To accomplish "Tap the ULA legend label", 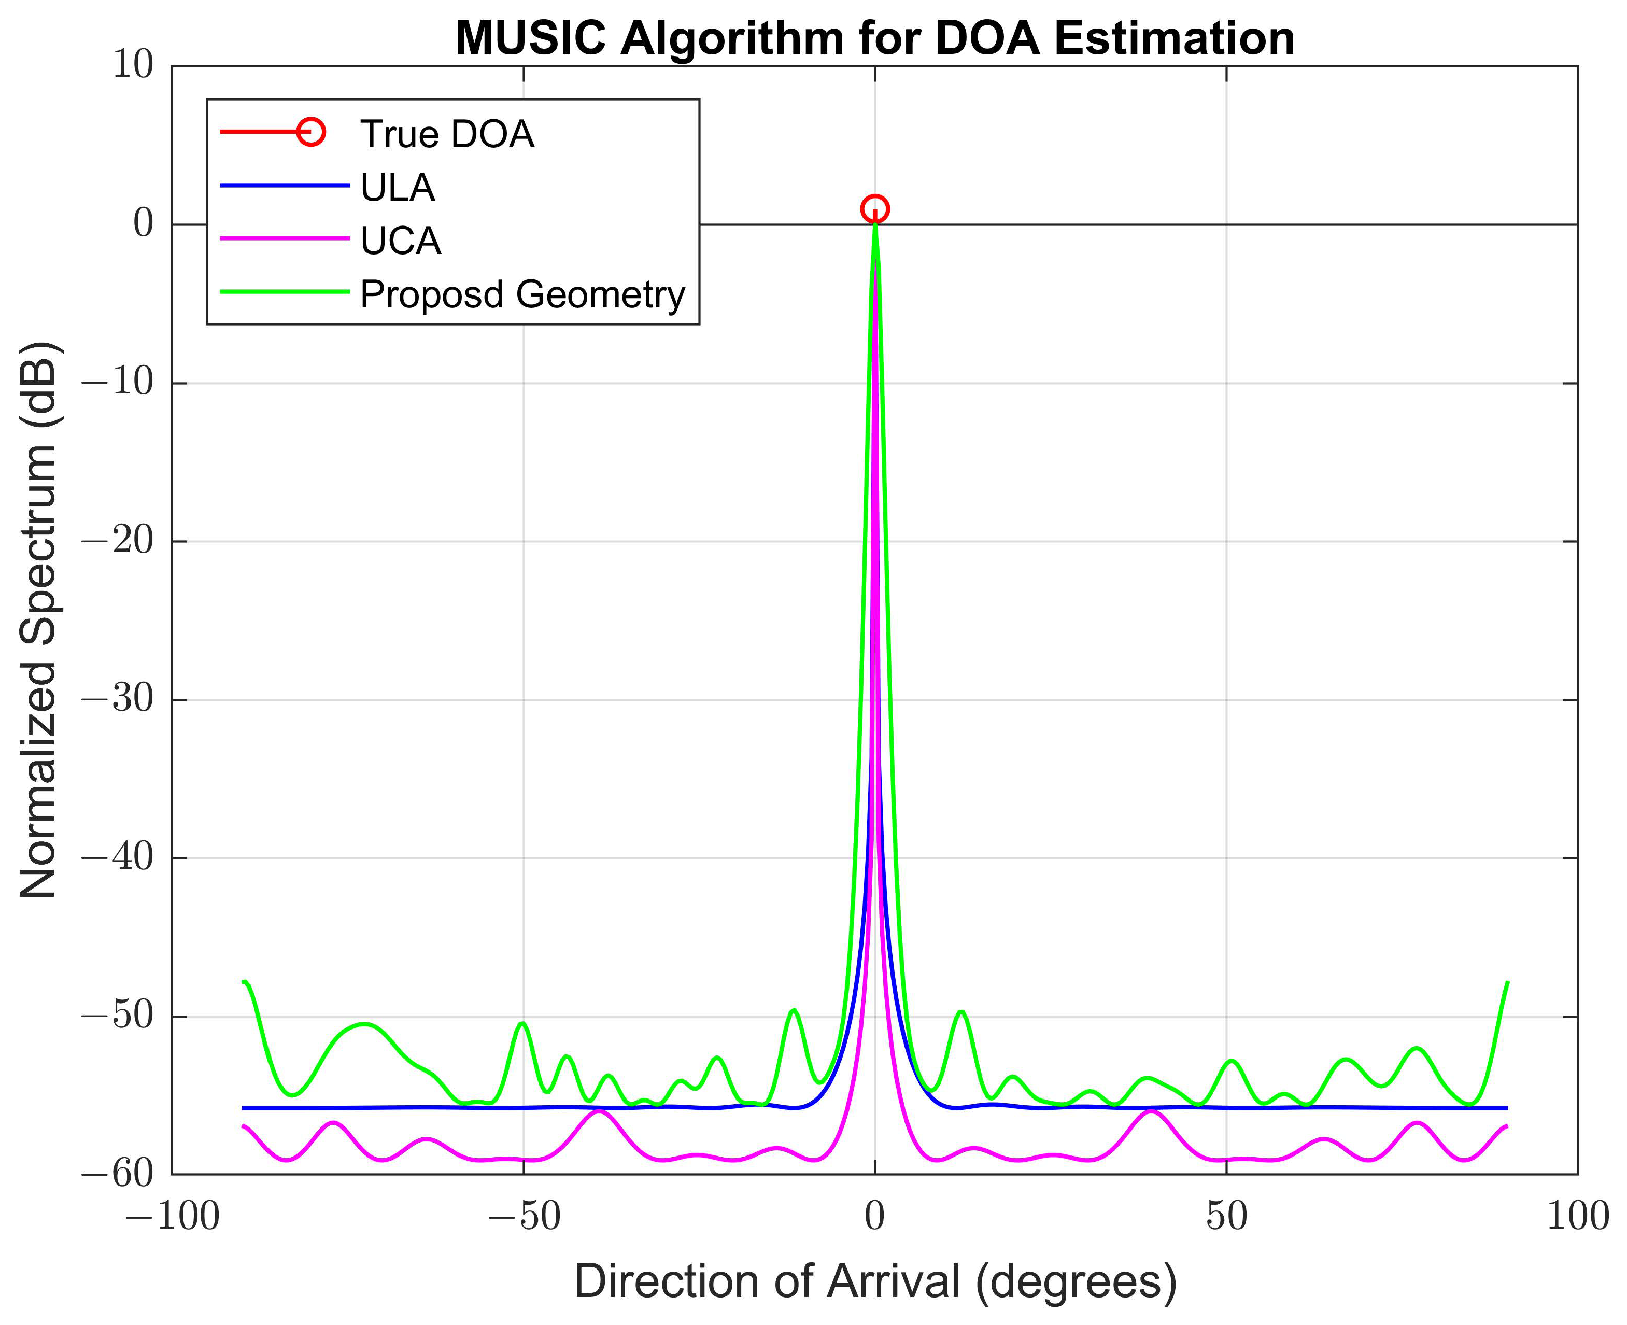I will [x=397, y=188].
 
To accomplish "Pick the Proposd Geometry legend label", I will [x=522, y=294].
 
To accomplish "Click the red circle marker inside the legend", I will [x=310, y=132].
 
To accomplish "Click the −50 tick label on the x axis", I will [x=524, y=1216].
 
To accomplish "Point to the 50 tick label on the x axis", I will [x=1226, y=1216].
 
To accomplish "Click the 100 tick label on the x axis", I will [x=1577, y=1216].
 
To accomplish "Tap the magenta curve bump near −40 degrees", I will [x=600, y=1111].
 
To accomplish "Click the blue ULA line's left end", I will [x=244, y=1107].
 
